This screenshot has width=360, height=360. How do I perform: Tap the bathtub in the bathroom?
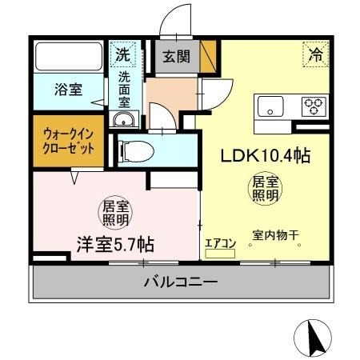coord(68,57)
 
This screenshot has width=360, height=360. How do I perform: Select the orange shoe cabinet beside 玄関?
coord(208,57)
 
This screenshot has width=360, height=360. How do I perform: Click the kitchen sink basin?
coord(270,106)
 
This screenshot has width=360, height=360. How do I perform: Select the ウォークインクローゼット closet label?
coord(69,142)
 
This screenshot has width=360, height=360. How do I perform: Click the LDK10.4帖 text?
coord(265,155)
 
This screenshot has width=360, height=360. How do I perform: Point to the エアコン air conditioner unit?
coord(221,254)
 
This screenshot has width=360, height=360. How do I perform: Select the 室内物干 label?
coord(274,234)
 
